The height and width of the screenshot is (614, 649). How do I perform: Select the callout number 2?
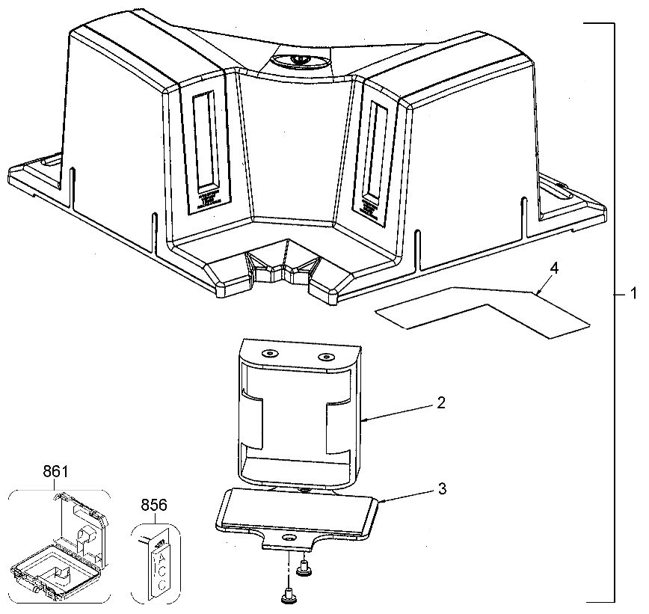pos(441,402)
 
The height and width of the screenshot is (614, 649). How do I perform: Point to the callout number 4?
pos(553,267)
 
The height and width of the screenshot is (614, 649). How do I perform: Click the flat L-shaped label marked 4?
pos(479,307)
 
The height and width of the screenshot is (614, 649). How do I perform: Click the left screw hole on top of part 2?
pos(268,351)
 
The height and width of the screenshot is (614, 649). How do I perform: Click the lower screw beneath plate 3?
pos(288,597)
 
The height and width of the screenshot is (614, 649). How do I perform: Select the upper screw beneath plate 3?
pos(304,571)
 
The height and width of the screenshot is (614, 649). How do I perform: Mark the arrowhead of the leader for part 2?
pos(363,422)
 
